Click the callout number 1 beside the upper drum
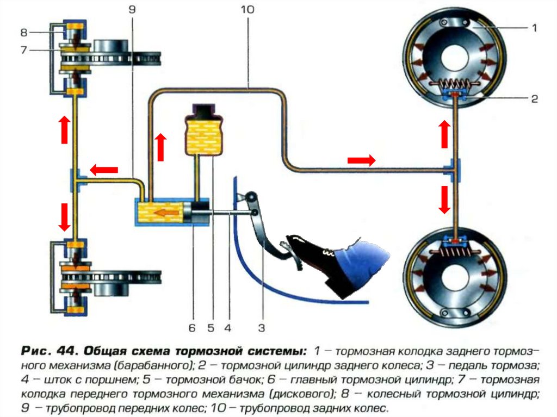[534, 28]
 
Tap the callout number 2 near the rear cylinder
[534, 98]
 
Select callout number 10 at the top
[247, 10]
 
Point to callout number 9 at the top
[132, 10]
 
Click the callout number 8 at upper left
[24, 33]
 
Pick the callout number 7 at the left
[24, 50]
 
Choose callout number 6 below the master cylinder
[192, 327]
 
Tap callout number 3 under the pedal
[262, 327]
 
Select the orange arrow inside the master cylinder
[168, 213]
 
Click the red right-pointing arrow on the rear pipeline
[361, 160]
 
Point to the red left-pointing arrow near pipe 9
[104, 170]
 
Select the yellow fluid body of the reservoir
[203, 137]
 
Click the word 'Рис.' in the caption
[35, 351]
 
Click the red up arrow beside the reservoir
[161, 147]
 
